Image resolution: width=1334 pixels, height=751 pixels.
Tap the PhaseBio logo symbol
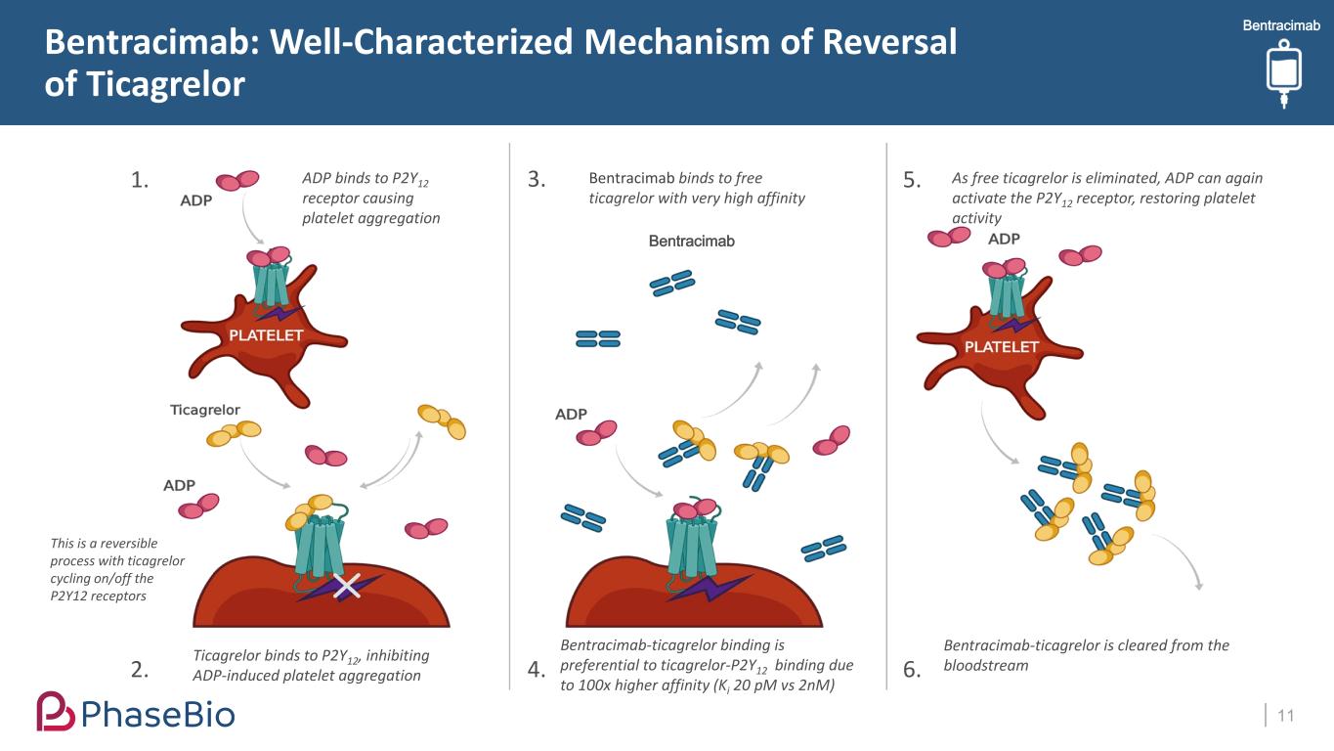[x=55, y=712]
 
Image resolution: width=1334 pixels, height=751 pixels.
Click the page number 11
[x=1285, y=716]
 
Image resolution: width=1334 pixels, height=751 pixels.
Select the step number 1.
[x=140, y=180]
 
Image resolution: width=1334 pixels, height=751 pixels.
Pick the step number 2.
[x=140, y=670]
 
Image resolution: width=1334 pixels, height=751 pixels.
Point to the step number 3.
[x=536, y=180]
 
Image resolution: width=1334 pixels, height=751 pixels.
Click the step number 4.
[x=536, y=670]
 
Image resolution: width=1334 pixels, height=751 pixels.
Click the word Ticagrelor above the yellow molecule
[x=205, y=410]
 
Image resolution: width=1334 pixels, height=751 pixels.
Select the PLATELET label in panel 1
[x=266, y=335]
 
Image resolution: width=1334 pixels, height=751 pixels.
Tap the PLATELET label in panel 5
[x=1002, y=347]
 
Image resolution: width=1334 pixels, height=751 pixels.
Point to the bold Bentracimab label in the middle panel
[x=691, y=241]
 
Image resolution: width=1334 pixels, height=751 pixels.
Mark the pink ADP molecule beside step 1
[x=237, y=180]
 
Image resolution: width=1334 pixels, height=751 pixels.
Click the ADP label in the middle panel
[x=571, y=415]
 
